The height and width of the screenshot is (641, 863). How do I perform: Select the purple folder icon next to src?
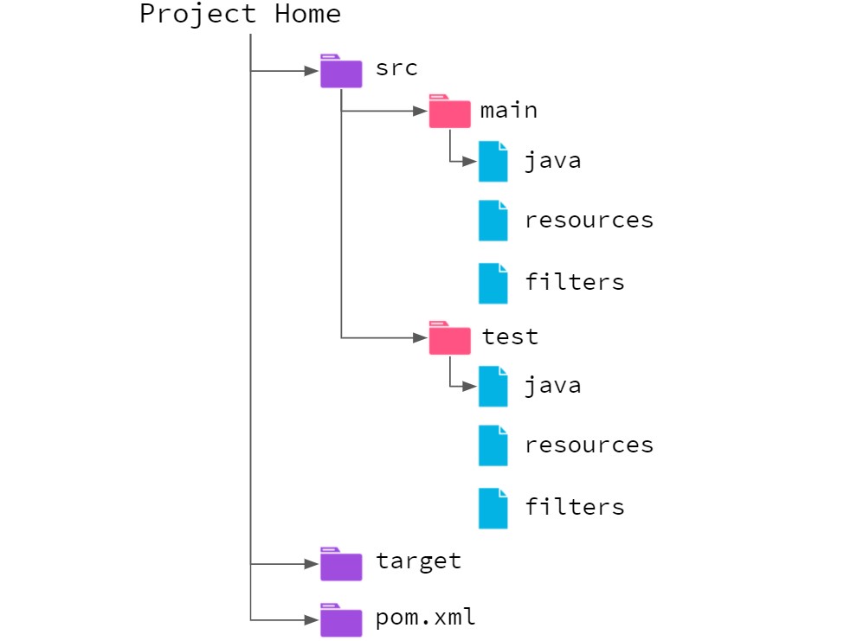click(340, 72)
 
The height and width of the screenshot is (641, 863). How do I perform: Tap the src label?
click(397, 68)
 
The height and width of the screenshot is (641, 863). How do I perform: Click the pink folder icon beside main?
click(449, 112)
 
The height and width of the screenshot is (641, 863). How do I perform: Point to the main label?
click(509, 111)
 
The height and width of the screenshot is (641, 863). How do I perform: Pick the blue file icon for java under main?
click(493, 161)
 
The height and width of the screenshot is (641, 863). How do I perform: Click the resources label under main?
click(589, 220)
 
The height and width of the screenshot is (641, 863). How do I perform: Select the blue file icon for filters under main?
click(493, 283)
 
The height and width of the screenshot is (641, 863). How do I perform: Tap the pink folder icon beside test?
click(449, 338)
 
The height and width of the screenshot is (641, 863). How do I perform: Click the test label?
click(510, 336)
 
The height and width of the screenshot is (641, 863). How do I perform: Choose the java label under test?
click(552, 385)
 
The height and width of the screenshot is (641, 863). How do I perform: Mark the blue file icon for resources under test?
click(493, 445)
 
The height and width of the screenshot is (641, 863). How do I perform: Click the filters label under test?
click(574, 506)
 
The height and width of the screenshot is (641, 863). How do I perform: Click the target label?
click(419, 561)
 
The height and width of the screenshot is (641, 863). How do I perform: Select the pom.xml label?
click(426, 618)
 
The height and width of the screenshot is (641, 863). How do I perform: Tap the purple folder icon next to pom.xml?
click(340, 620)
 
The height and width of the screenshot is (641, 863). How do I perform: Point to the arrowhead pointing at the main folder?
click(421, 112)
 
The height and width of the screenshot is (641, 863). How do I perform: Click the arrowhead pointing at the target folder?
click(312, 564)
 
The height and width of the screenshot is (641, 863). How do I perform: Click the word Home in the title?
click(307, 15)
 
